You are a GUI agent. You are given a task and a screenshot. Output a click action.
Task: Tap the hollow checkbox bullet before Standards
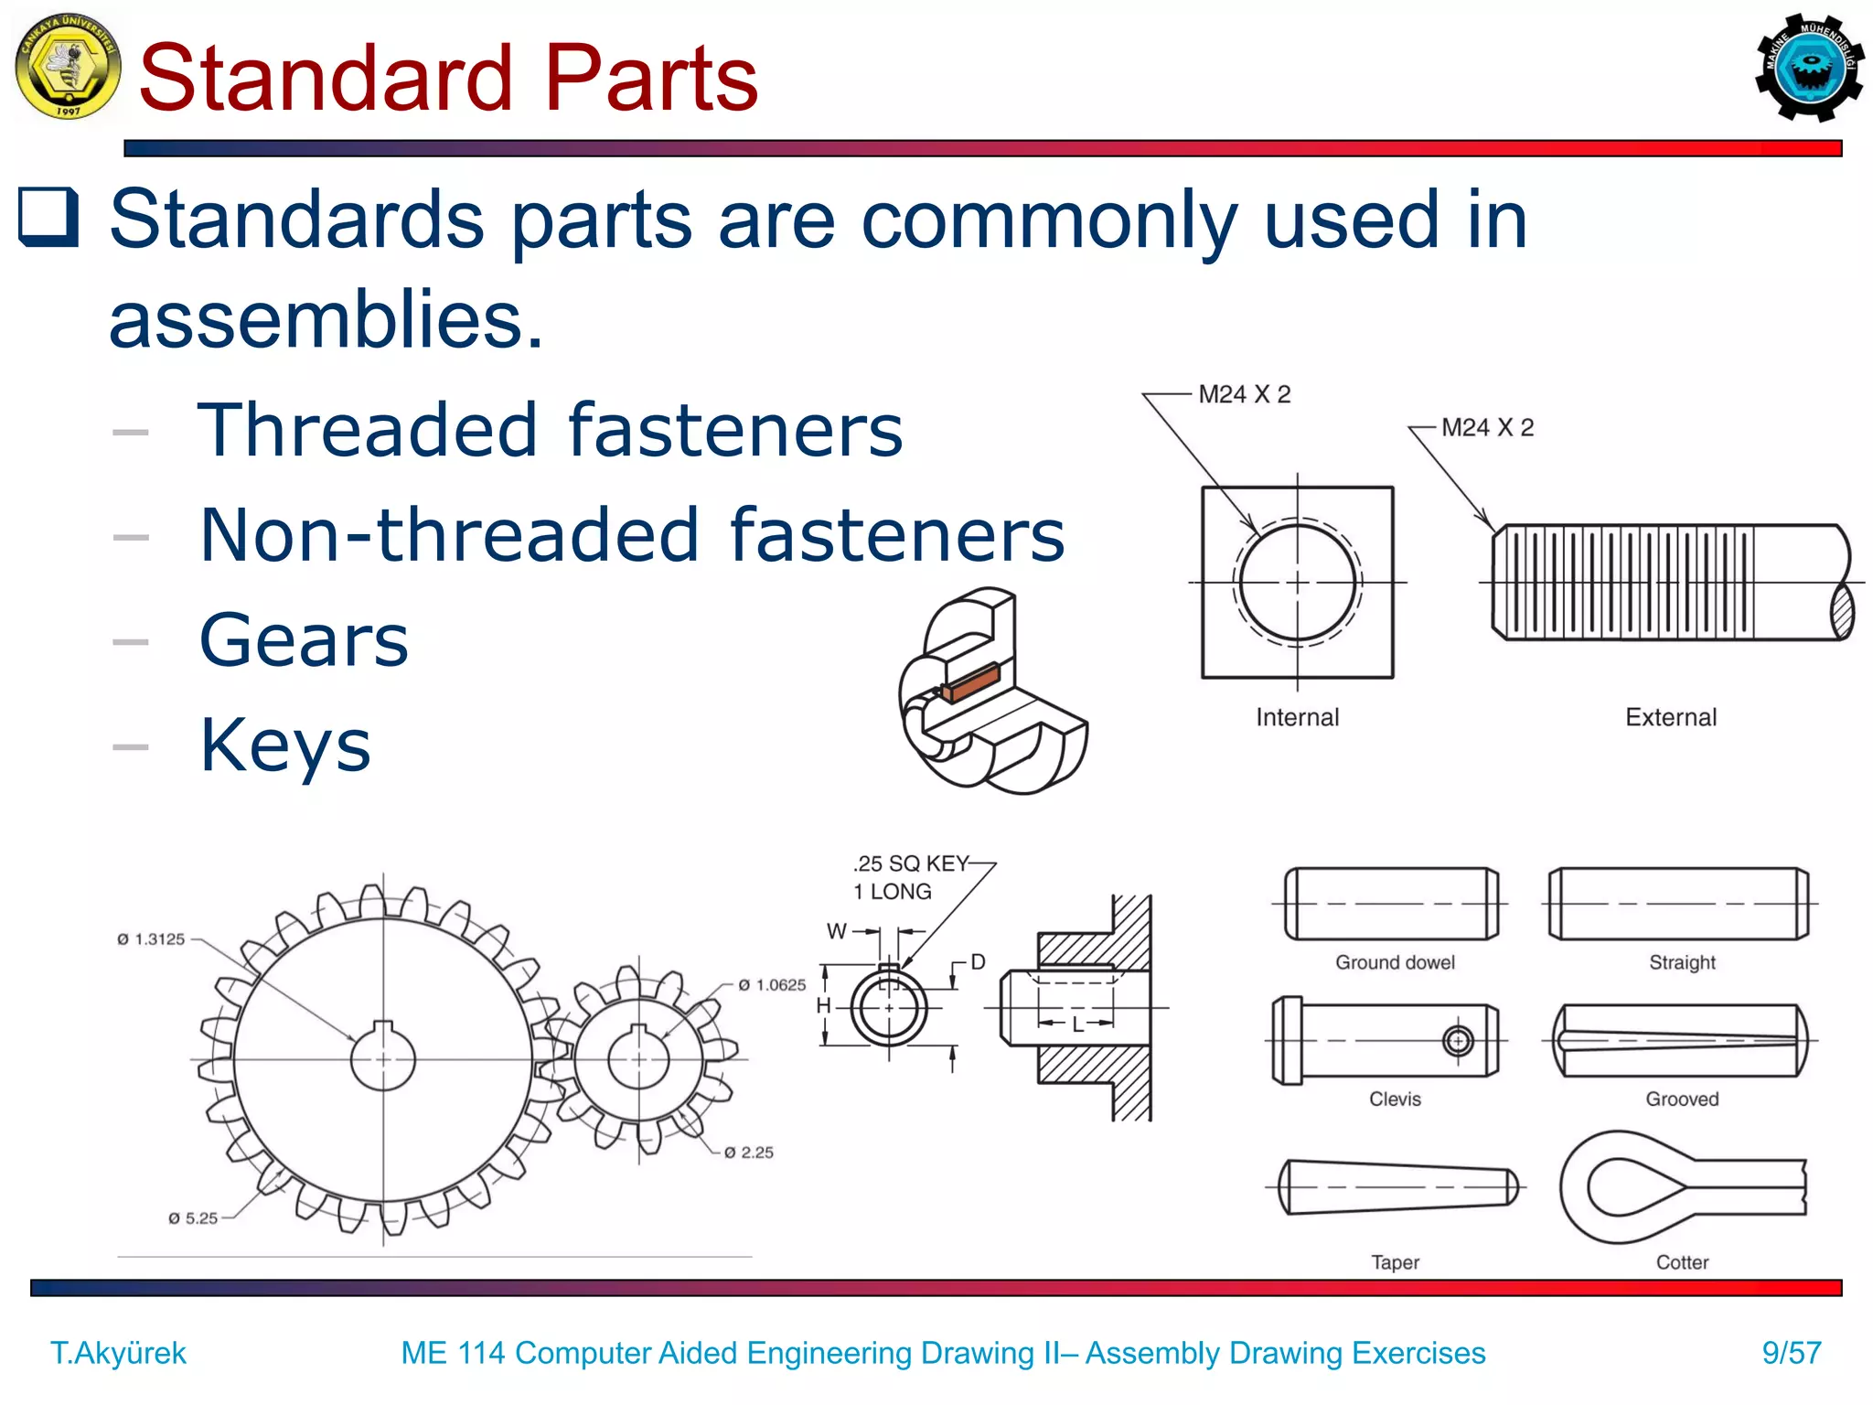[48, 218]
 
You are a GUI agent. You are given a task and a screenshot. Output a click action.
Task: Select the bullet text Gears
[304, 640]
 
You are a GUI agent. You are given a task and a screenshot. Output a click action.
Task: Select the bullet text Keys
[285, 745]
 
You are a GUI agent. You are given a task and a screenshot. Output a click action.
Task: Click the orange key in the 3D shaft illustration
[969, 682]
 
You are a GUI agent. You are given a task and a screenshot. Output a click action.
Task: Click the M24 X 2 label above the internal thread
[1244, 395]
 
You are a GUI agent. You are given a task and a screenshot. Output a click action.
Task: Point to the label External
[1670, 717]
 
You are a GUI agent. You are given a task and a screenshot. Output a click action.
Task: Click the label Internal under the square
[1297, 717]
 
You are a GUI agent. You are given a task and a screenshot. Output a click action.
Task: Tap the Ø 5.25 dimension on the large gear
[193, 1218]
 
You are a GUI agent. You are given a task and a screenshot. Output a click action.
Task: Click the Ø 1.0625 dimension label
[772, 985]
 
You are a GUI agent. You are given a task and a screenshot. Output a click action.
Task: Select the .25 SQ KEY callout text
[910, 863]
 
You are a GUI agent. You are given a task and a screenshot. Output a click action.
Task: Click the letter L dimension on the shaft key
[1077, 1024]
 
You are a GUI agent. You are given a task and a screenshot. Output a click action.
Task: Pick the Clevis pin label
[1395, 1099]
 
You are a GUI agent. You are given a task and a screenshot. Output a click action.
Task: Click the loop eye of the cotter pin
[1623, 1186]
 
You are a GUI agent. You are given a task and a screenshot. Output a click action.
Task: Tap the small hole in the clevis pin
[1458, 1041]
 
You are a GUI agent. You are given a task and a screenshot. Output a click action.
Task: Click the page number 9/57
[1791, 1353]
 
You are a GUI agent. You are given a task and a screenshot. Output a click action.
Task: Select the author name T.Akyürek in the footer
[118, 1353]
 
